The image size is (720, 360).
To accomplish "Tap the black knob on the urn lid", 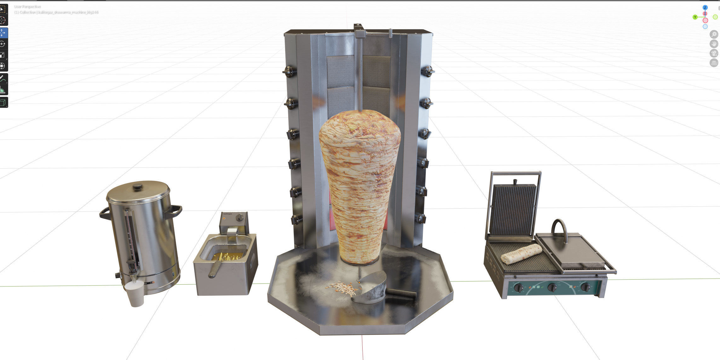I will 137,187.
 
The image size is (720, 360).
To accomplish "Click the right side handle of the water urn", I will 174,211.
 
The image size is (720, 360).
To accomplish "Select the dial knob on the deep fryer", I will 240,217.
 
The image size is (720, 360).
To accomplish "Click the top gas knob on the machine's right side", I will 428,71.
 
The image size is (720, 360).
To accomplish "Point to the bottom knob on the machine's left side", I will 296,219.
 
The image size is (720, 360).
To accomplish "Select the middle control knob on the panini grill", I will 552,287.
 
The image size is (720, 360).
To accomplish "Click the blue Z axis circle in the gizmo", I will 705,7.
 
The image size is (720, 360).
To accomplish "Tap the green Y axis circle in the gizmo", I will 695,17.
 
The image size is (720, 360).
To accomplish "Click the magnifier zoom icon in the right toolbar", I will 714,34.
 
